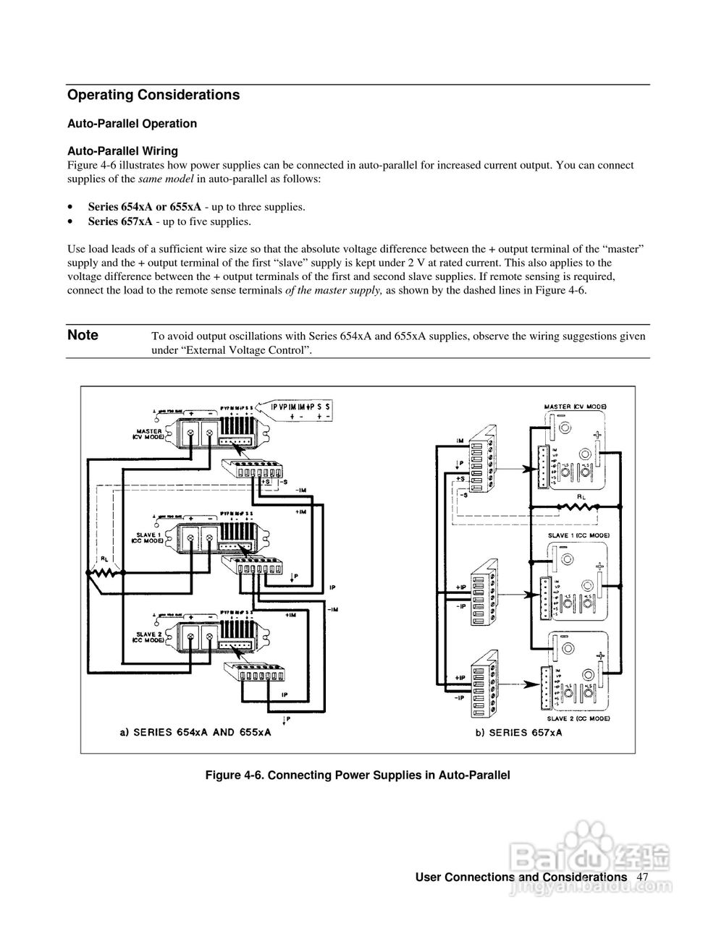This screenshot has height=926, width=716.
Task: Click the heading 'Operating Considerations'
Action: coord(153,95)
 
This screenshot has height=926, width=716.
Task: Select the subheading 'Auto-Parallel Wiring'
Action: coord(122,151)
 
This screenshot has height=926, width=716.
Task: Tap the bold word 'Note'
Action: coord(83,335)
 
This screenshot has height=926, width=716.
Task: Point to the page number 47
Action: coord(642,877)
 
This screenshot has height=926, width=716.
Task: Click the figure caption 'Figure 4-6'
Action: coord(358,776)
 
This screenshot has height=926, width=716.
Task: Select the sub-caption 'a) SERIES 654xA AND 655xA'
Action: coord(195,732)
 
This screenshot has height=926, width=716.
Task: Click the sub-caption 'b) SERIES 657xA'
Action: coord(518,732)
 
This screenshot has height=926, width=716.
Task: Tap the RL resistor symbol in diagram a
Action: coord(106,572)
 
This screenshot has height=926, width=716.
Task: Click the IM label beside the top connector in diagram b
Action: coord(460,440)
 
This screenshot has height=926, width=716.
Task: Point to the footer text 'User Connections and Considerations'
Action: coord(521,877)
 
